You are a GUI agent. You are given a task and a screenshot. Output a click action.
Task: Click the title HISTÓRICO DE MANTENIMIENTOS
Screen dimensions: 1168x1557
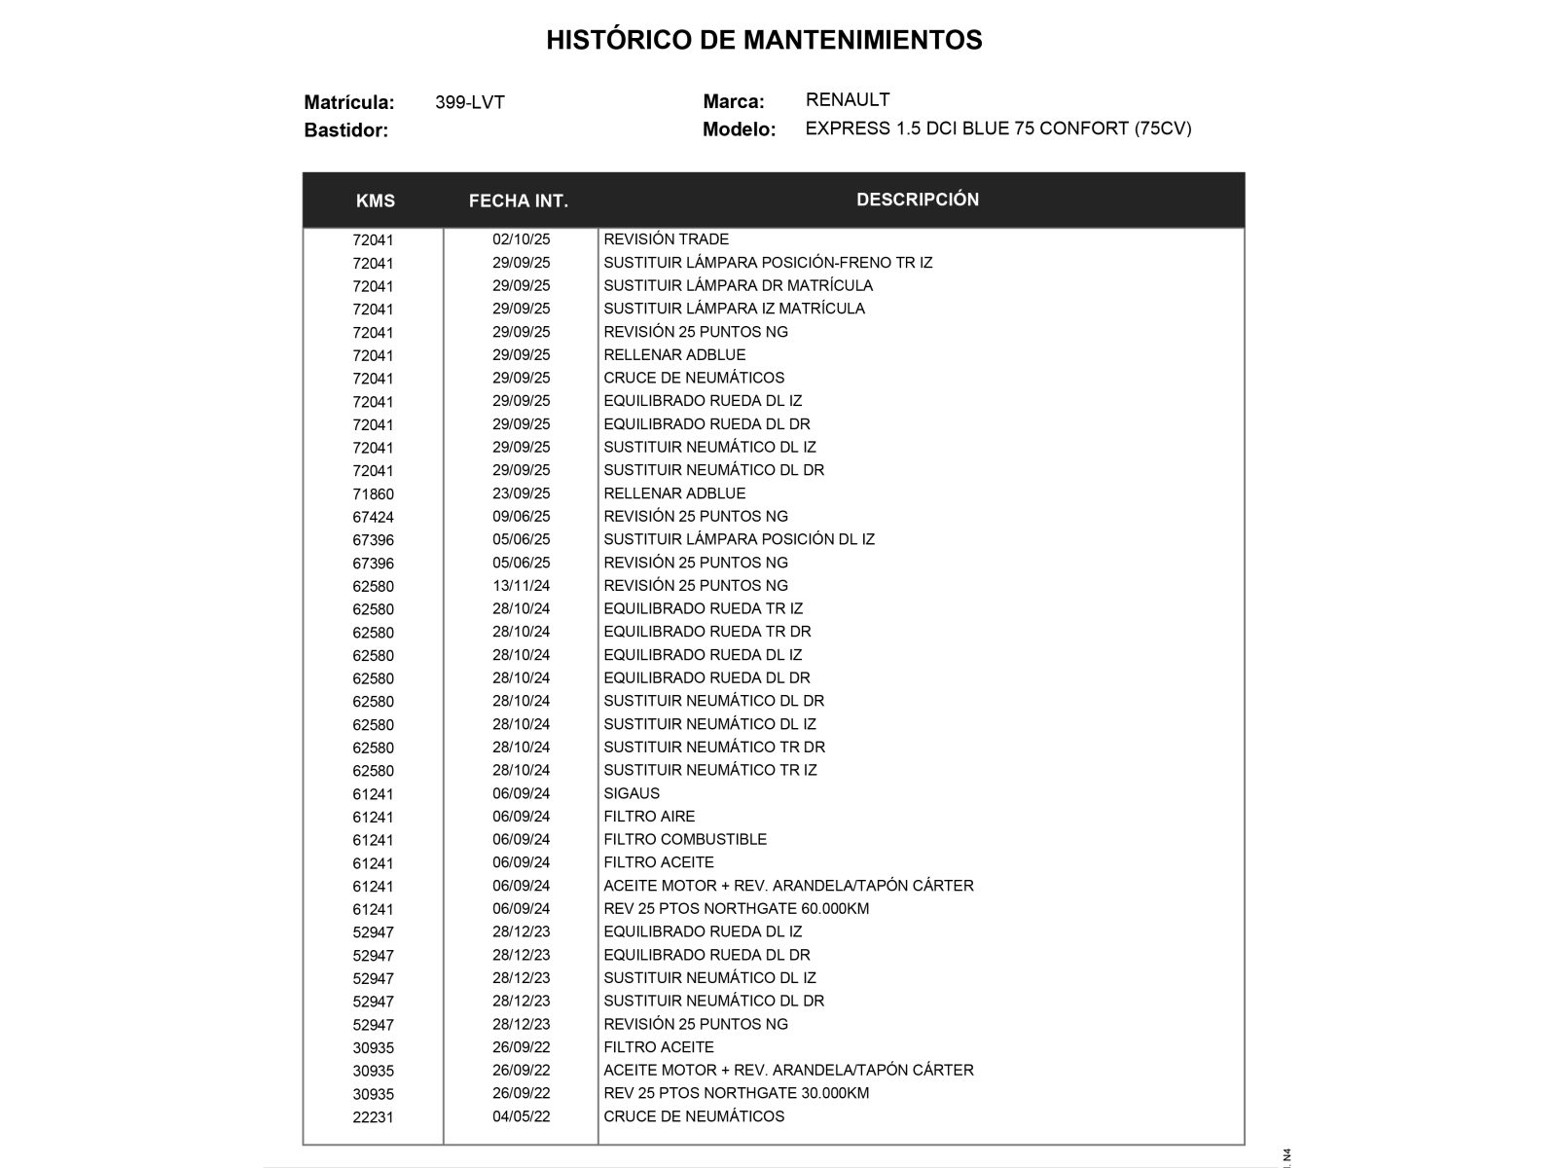coord(764,40)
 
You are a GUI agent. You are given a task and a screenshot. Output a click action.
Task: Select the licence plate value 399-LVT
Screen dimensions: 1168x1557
coord(470,102)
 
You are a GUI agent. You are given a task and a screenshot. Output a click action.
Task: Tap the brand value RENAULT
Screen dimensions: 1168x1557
coord(848,99)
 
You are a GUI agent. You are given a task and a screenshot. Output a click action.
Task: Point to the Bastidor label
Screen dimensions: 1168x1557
coord(345,130)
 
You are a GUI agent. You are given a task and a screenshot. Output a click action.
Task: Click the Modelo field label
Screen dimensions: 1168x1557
coord(739,129)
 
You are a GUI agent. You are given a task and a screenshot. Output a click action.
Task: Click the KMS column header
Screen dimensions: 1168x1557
coord(376,201)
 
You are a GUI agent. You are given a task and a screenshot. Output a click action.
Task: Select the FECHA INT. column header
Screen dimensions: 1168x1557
coord(519,201)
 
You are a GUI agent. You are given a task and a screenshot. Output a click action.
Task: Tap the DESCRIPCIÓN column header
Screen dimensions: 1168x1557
coord(918,200)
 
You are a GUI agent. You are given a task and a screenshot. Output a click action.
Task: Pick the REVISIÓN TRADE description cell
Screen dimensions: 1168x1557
coord(666,239)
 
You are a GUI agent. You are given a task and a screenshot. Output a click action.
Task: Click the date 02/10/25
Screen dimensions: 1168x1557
coord(521,239)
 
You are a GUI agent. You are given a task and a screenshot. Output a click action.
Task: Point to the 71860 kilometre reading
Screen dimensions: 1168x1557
coord(374,494)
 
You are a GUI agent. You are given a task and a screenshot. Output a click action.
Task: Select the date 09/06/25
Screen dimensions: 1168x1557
coord(521,517)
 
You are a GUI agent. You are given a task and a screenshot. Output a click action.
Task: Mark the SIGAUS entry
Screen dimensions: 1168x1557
coord(632,793)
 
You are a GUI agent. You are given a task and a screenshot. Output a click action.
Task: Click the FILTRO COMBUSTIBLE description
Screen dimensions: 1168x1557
coord(685,839)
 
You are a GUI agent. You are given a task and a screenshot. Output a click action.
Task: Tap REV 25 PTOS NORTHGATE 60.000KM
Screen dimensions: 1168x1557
coord(736,908)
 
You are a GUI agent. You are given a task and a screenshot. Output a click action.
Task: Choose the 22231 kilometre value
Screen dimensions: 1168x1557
coord(374,1117)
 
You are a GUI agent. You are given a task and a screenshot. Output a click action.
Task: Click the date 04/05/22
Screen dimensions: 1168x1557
coord(521,1116)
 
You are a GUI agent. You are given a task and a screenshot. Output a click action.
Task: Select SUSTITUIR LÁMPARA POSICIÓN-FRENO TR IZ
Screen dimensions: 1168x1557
coord(768,263)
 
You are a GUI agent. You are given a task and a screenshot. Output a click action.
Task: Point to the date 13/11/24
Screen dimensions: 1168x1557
coord(521,586)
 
